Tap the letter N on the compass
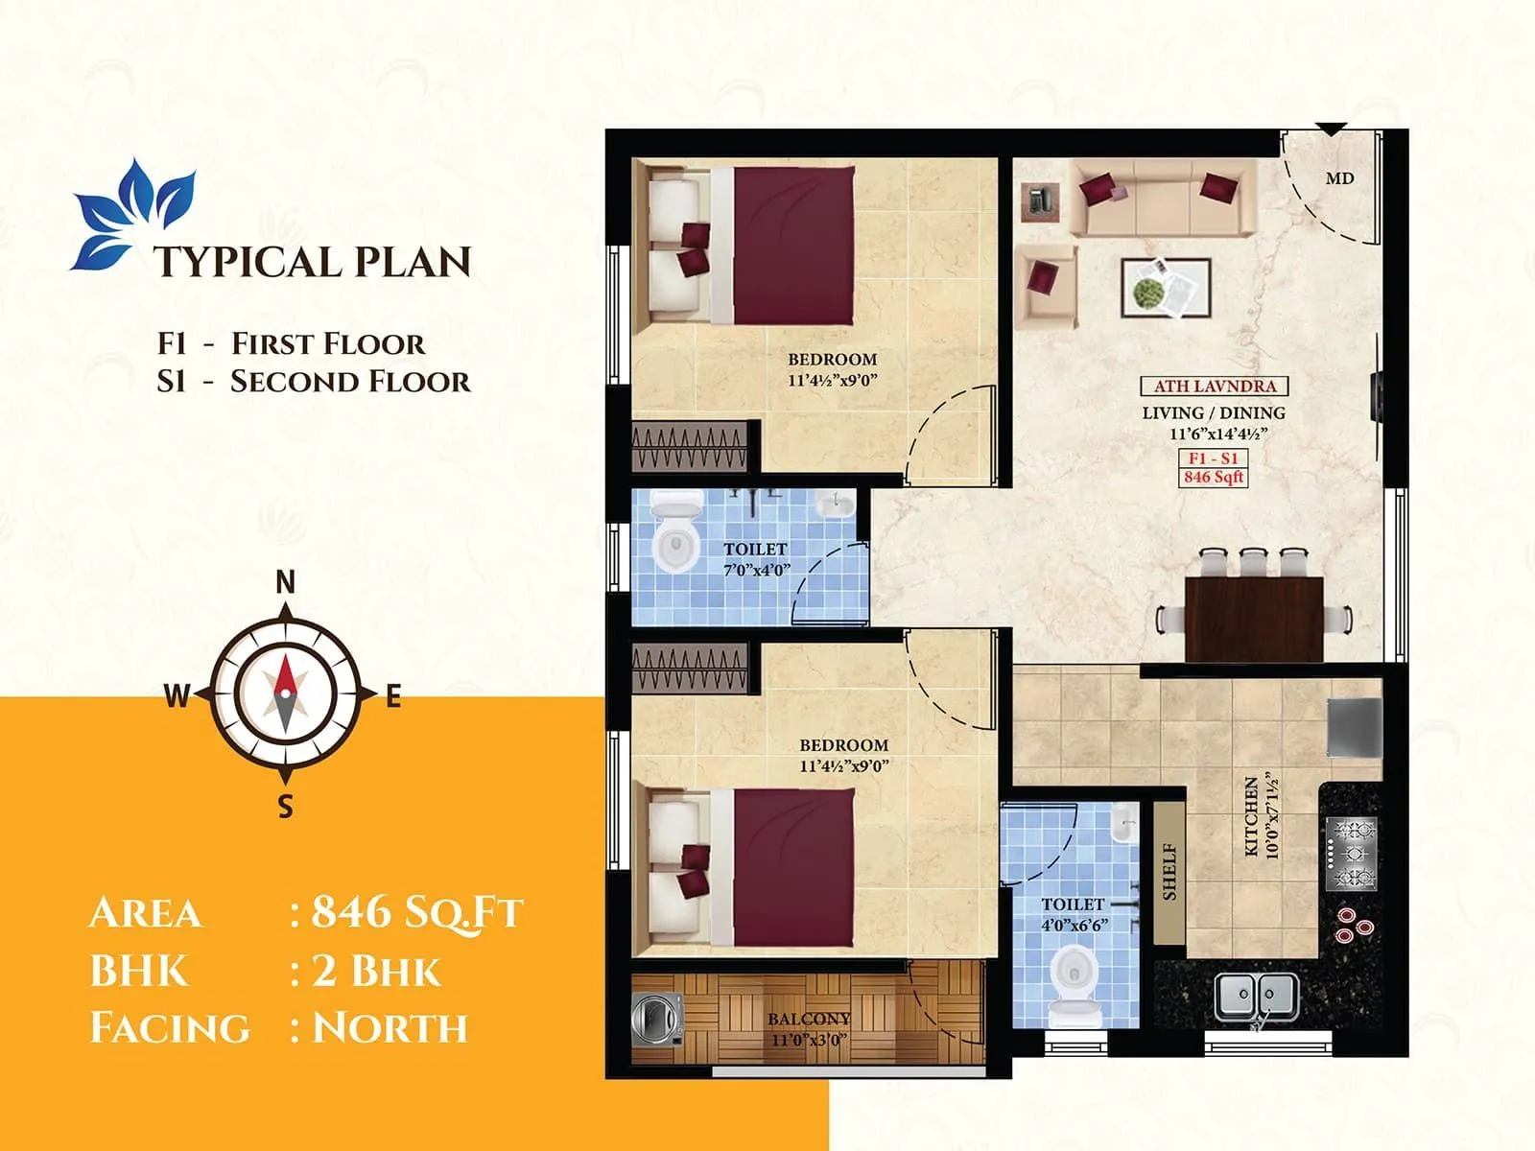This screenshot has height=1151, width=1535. pos(285,582)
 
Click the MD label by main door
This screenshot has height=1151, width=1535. pos(1339,178)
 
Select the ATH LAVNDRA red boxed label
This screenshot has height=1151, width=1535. pos(1214,387)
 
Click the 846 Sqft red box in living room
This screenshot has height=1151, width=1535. pos(1214,477)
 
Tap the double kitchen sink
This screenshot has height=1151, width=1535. pos(1257,997)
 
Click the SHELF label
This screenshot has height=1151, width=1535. pos(1169,871)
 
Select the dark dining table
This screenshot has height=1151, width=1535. pos(1254,619)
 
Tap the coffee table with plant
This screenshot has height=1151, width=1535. pos(1166,288)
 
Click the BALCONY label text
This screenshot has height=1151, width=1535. pos(809,1019)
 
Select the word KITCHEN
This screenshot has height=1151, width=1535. pos(1251,815)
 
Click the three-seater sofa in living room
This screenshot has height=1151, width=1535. pos(1163,198)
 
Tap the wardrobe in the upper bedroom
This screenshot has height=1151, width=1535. pos(690,448)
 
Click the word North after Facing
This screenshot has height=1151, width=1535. pos(390,1027)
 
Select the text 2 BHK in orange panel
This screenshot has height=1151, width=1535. pos(377,970)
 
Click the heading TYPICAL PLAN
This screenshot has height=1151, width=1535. pos(313,262)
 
